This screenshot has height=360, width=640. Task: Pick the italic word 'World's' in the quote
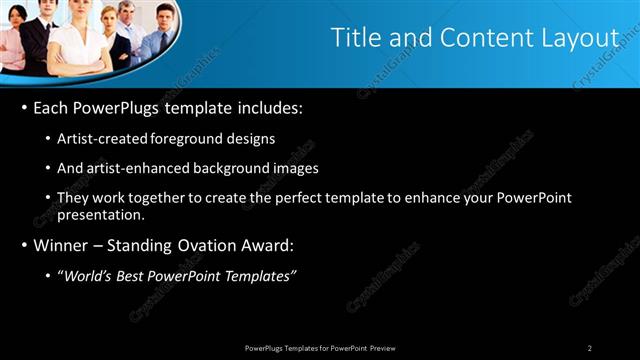pyautogui.click(x=87, y=275)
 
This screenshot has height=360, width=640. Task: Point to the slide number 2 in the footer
pyautogui.click(x=590, y=348)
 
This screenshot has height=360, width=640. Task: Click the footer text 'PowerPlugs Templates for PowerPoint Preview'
pyautogui.click(x=320, y=348)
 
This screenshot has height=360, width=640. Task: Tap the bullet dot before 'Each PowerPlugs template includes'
pyautogui.click(x=24, y=108)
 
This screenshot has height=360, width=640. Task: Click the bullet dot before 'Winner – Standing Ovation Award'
pyautogui.click(x=24, y=245)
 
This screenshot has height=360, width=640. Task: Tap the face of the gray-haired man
pyautogui.click(x=125, y=13)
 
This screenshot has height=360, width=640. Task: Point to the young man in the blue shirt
pyautogui.click(x=160, y=30)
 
